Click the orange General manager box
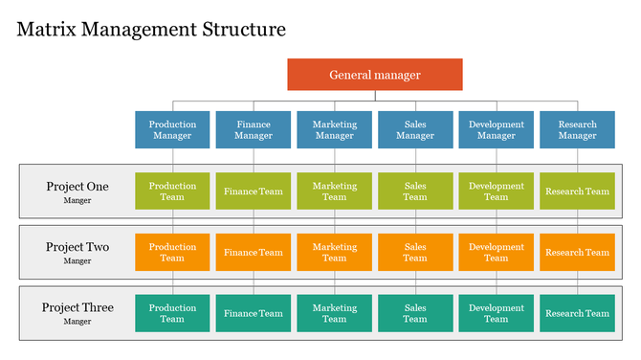pos(375,75)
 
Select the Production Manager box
pos(172,129)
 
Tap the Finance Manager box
pos(254,129)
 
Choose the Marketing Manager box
pos(334,129)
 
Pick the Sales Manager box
pos(415,129)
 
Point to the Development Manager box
pos(496,129)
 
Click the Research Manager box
pos(577,129)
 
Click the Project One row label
pos(77,191)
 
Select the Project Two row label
pos(77,252)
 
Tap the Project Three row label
pos(77,312)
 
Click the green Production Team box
pos(172,191)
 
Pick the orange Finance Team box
pos(254,252)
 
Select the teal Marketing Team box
pos(334,313)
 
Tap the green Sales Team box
pos(415,191)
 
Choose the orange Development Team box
pos(496,252)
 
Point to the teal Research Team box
pos(577,313)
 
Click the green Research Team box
pos(577,191)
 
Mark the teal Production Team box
pos(172,313)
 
